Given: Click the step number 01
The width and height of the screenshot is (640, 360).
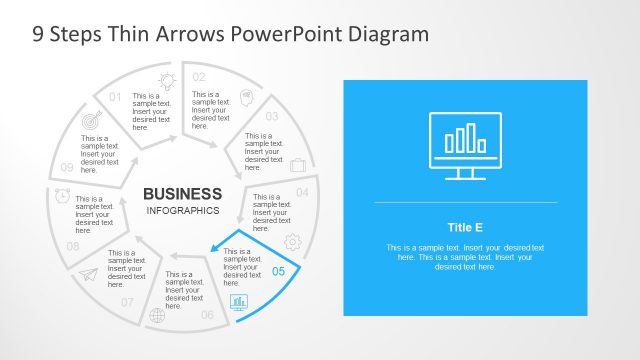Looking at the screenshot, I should click(x=115, y=97).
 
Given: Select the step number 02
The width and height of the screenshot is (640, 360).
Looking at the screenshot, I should click(x=199, y=77).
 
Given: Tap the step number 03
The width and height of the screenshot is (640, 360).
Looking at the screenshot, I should click(x=271, y=116).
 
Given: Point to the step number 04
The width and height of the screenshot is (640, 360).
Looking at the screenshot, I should click(x=302, y=191).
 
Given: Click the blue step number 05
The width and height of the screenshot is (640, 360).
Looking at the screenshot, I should click(x=279, y=271).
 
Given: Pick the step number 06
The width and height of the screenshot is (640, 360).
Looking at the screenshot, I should click(x=207, y=315).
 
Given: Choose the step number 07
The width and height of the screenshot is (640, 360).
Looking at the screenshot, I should click(x=127, y=302).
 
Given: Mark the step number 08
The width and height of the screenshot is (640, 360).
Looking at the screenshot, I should click(x=73, y=246).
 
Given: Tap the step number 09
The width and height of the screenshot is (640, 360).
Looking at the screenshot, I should click(x=67, y=167).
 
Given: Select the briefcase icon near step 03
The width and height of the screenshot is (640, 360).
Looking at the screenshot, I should click(x=297, y=164).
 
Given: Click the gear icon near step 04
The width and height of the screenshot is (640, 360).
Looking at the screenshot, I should click(x=293, y=241).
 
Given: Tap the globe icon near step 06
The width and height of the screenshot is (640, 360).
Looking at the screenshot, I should click(x=157, y=316).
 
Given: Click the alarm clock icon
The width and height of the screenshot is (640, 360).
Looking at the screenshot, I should click(x=62, y=195).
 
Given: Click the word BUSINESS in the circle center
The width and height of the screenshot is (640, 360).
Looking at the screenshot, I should click(x=182, y=193).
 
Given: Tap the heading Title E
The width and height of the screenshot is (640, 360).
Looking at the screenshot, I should click(x=465, y=227).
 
